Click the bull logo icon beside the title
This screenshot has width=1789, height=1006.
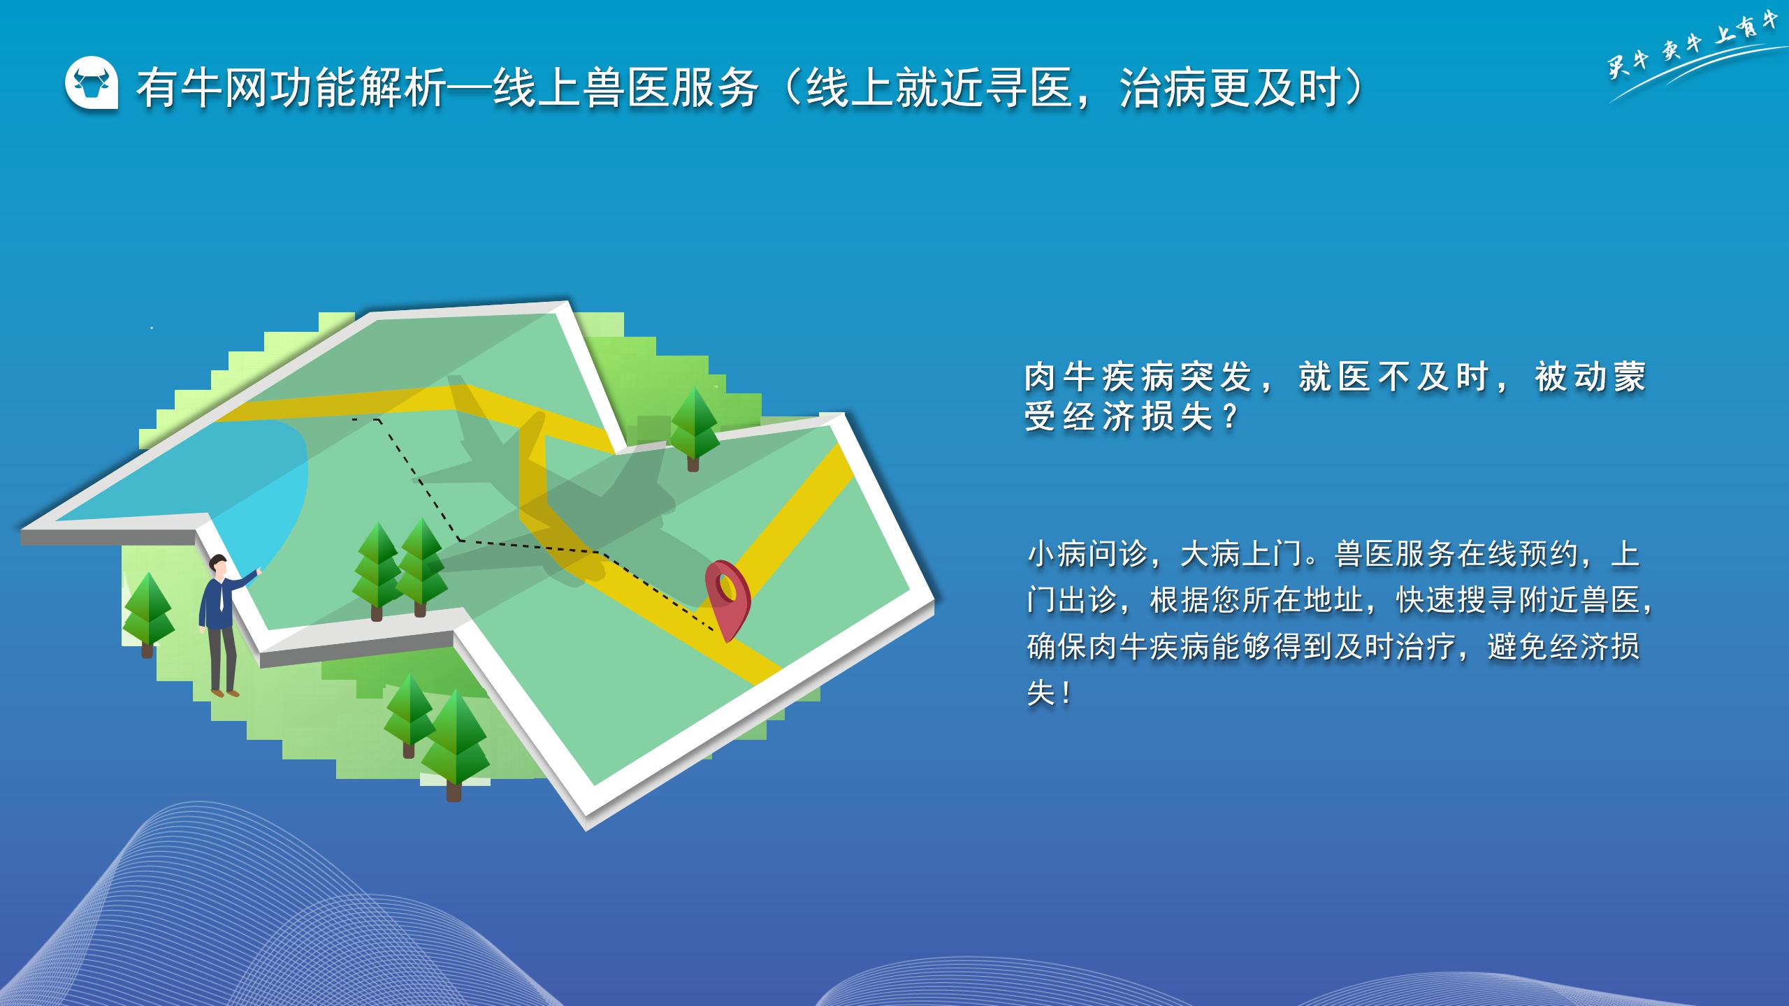(x=92, y=83)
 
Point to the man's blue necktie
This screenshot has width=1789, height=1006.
(x=221, y=597)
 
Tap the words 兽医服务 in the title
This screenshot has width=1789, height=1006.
(x=671, y=88)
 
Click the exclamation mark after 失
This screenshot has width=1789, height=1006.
(x=1066, y=694)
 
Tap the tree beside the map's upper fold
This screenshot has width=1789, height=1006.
(x=694, y=429)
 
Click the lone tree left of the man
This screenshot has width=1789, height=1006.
(x=147, y=615)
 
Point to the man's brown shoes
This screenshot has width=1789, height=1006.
(x=225, y=692)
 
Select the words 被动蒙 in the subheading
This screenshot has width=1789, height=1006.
(x=1591, y=377)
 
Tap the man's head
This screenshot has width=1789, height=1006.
(x=219, y=566)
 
